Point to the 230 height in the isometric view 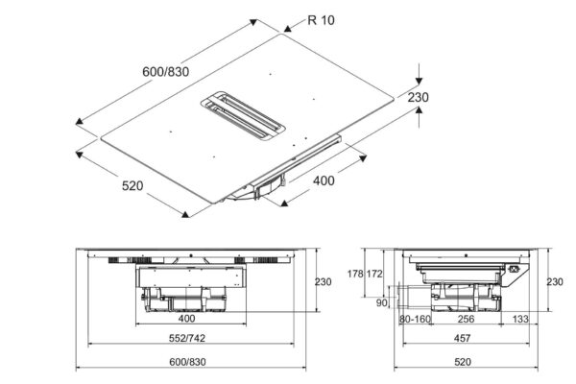coord(444,96)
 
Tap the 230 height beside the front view coord(322,282)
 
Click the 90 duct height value coord(381,304)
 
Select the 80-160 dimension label coord(413,318)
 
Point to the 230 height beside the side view coord(556,282)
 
